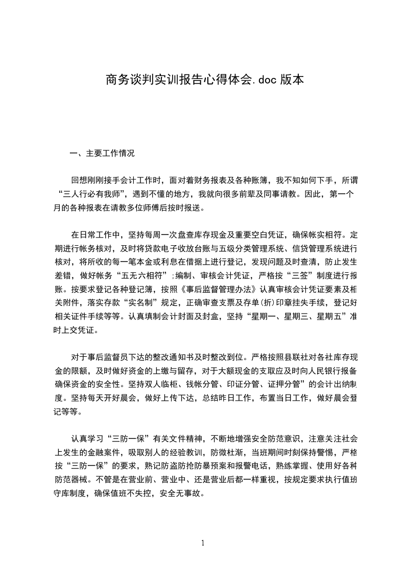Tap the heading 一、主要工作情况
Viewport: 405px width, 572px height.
click(103, 153)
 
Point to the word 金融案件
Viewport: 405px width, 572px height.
click(107, 452)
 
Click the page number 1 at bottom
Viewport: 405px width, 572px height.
click(203, 542)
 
